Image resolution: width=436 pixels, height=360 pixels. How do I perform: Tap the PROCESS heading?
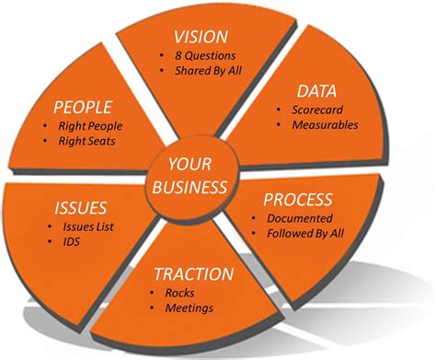pos(297,199)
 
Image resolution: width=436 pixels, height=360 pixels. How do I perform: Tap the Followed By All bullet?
pos(305,235)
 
